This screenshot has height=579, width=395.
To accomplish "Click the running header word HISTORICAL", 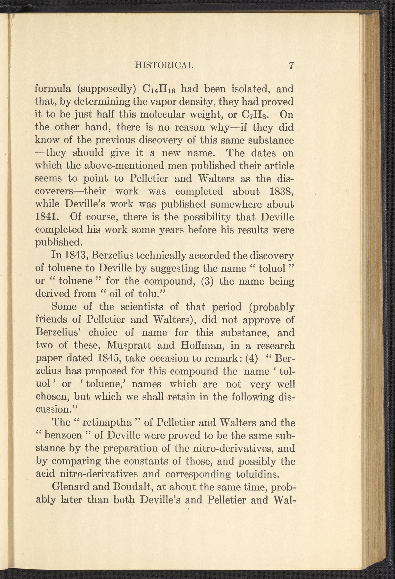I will coord(164,65).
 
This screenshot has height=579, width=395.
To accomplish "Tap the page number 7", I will coord(291,65).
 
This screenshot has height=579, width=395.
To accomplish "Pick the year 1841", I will coord(47,217).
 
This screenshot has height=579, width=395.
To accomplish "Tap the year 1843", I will coord(73,256).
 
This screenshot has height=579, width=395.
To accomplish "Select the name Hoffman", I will coord(186,345).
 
